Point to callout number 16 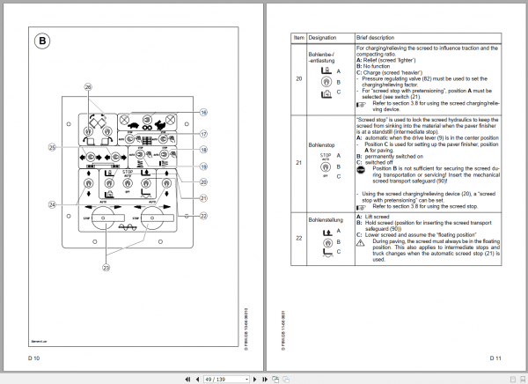202,112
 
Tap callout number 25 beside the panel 52,147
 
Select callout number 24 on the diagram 52,204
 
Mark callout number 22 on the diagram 202,215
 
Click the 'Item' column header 297,39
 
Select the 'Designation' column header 325,39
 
